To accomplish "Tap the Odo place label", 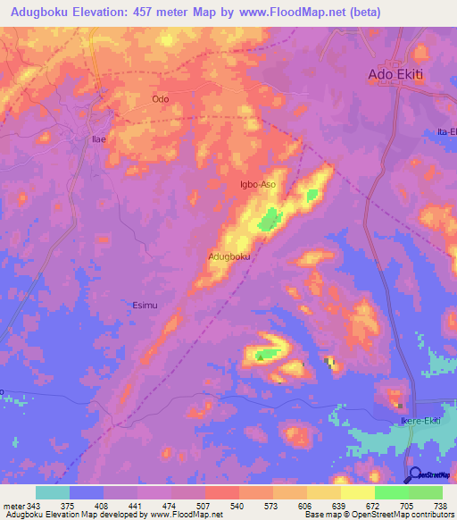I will pos(161,99).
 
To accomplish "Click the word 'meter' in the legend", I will pos(14,506).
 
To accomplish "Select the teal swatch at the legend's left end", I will pos(53,492).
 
